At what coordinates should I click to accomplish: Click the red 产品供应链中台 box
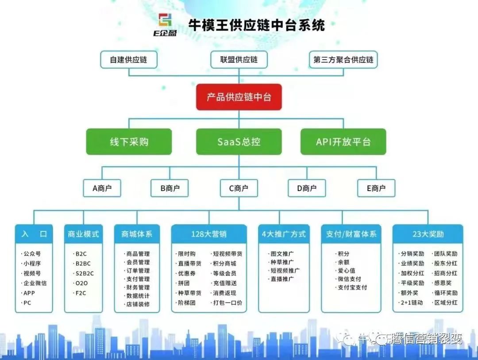click(239, 97)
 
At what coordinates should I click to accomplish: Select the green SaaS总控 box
click(239, 142)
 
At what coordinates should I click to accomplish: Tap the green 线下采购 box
click(129, 142)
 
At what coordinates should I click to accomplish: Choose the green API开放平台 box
click(343, 142)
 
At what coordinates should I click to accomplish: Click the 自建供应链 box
click(128, 60)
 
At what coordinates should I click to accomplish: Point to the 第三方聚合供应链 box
click(343, 60)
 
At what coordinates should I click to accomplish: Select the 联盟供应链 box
click(239, 59)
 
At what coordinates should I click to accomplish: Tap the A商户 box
click(102, 188)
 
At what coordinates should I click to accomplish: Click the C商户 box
click(239, 188)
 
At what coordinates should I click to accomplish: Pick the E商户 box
click(376, 188)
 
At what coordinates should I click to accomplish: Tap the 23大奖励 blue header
click(428, 234)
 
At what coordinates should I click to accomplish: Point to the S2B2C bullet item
click(84, 273)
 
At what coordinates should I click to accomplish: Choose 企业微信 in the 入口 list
click(35, 283)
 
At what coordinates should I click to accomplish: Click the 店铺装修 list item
click(138, 304)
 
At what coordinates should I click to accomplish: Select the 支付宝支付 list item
click(352, 287)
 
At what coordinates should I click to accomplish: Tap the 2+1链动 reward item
click(412, 303)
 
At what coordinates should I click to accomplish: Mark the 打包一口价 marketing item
click(227, 303)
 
